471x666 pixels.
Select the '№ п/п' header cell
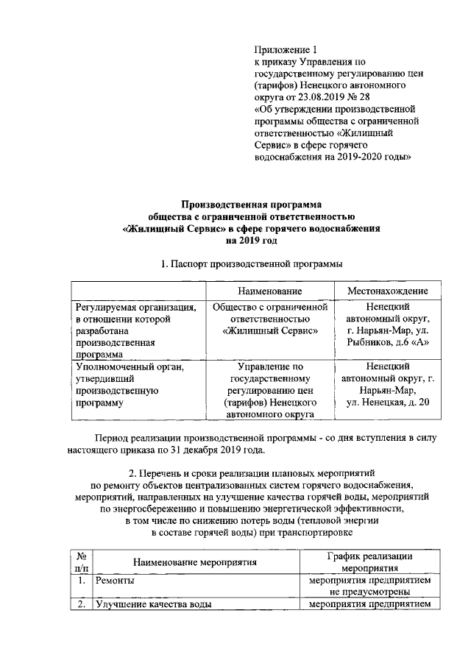coord(79,563)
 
